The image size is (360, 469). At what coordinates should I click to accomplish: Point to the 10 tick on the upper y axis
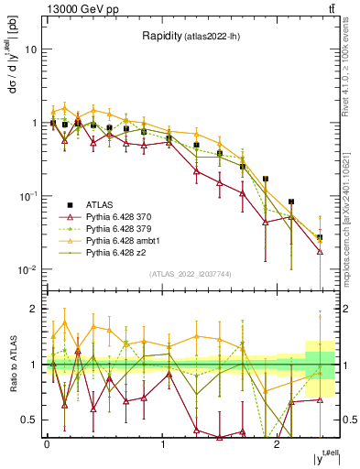pyautogui.click(x=29, y=49)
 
